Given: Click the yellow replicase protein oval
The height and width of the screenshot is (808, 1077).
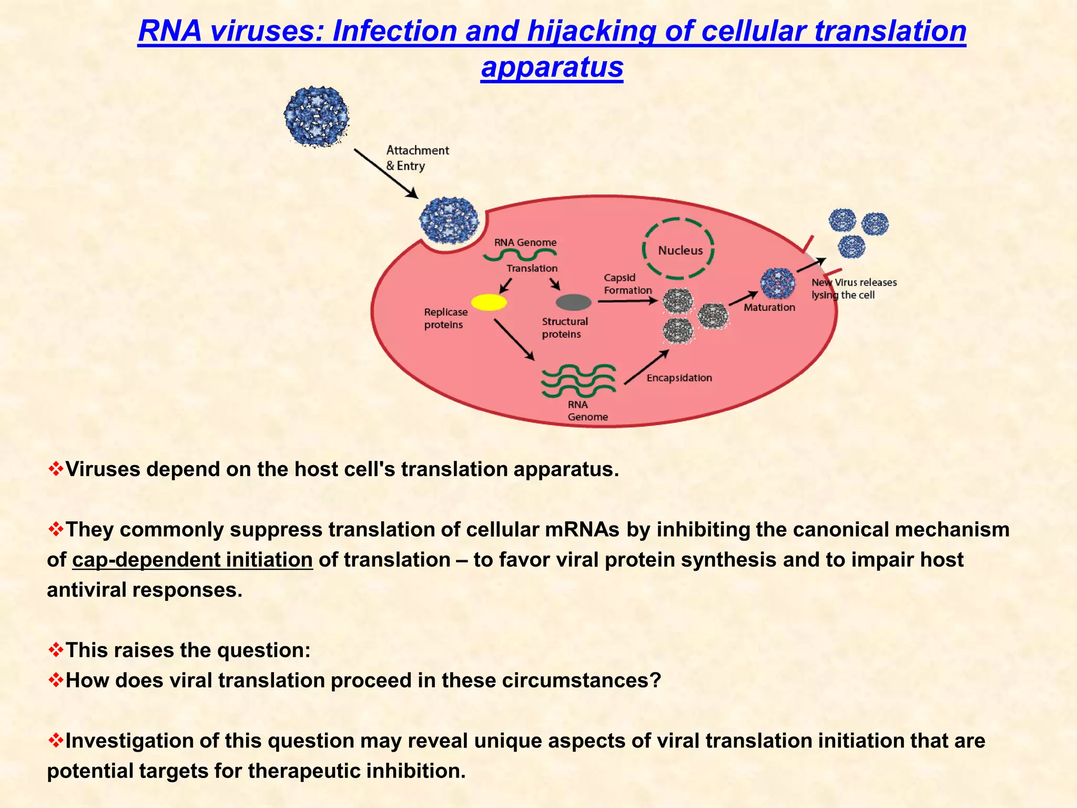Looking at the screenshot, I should [489, 302].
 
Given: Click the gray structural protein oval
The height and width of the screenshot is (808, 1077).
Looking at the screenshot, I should [574, 302].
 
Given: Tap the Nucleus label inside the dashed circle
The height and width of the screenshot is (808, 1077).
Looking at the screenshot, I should [680, 250].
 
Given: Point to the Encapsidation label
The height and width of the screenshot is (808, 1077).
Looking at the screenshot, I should [679, 378].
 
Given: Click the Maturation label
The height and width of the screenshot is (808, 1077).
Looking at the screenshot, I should [769, 307].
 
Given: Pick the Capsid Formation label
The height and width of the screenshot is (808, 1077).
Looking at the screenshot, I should [627, 284].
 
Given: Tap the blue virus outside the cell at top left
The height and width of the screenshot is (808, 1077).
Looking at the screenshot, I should [317, 116].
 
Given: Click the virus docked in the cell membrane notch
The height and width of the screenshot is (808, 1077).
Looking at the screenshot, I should [449, 220].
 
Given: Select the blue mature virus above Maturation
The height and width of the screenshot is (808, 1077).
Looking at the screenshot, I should [778, 283].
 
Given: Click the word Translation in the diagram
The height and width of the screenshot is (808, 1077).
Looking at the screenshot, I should [532, 268].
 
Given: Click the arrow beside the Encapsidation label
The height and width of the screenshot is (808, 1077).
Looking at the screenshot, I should [646, 367].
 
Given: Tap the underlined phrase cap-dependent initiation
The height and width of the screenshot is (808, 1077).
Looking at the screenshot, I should [192, 560].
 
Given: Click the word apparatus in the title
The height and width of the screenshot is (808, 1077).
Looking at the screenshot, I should [552, 67].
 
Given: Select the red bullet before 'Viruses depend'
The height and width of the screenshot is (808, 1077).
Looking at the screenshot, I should [55, 469].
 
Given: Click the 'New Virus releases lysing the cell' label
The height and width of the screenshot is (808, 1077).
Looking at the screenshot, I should [854, 289].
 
